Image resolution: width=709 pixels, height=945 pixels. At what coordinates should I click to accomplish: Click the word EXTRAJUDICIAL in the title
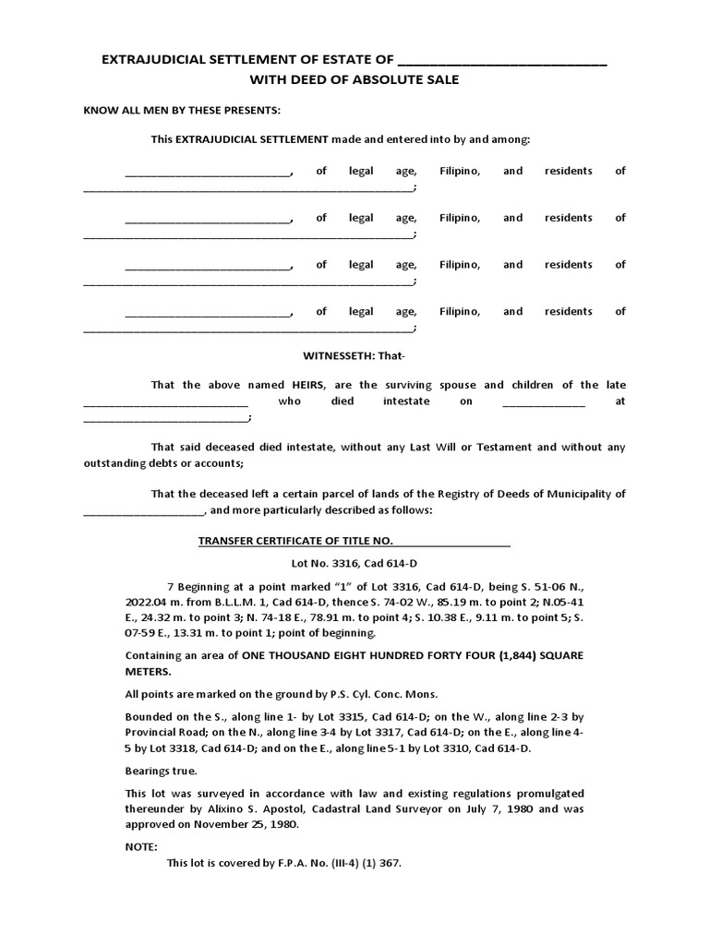tap(150, 62)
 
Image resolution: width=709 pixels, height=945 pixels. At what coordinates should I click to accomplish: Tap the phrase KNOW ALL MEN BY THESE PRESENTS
tap(182, 112)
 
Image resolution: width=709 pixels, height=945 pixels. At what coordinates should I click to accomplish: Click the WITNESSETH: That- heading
tap(354, 356)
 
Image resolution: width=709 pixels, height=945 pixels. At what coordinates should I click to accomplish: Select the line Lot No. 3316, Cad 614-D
tap(354, 563)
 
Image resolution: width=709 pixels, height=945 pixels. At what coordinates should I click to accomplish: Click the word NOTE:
tap(141, 847)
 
